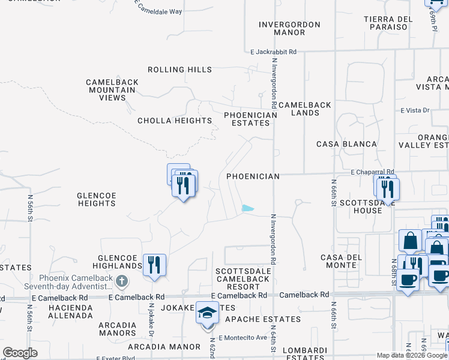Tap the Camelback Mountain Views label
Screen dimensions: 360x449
click(x=112, y=90)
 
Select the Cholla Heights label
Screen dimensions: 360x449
click(x=175, y=121)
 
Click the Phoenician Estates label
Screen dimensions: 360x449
click(x=251, y=119)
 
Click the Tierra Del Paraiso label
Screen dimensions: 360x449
click(x=388, y=23)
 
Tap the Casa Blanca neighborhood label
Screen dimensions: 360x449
click(x=347, y=144)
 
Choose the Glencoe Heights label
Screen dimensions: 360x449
click(x=96, y=199)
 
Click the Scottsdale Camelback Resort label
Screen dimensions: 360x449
click(x=243, y=279)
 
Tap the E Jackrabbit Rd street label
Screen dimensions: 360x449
click(x=273, y=52)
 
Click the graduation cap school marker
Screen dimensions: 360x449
click(x=208, y=314)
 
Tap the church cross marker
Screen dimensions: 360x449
click(x=122, y=280)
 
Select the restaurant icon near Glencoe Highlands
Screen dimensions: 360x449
click(x=154, y=264)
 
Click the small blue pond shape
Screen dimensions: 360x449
click(x=247, y=209)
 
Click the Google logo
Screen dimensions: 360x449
click(x=20, y=353)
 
